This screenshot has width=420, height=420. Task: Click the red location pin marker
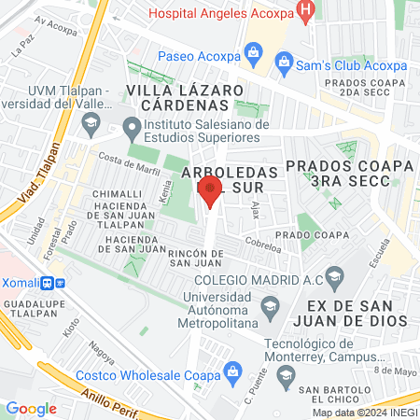[x=210, y=191]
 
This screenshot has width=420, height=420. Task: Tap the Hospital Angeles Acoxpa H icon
[x=303, y=10]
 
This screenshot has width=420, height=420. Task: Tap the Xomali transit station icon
[x=60, y=282]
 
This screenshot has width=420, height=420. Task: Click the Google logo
[x=31, y=408]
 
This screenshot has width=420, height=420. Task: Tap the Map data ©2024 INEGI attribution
[x=365, y=413]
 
